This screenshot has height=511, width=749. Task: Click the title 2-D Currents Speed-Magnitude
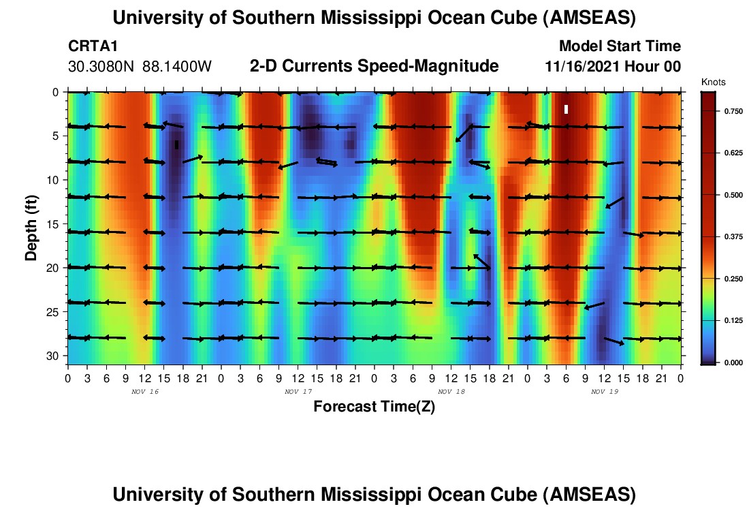click(x=374, y=66)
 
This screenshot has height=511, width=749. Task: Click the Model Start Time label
click(x=620, y=46)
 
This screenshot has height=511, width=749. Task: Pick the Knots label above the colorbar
click(x=714, y=82)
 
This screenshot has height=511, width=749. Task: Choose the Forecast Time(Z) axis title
click(x=374, y=407)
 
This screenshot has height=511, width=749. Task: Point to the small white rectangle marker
click(x=566, y=109)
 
